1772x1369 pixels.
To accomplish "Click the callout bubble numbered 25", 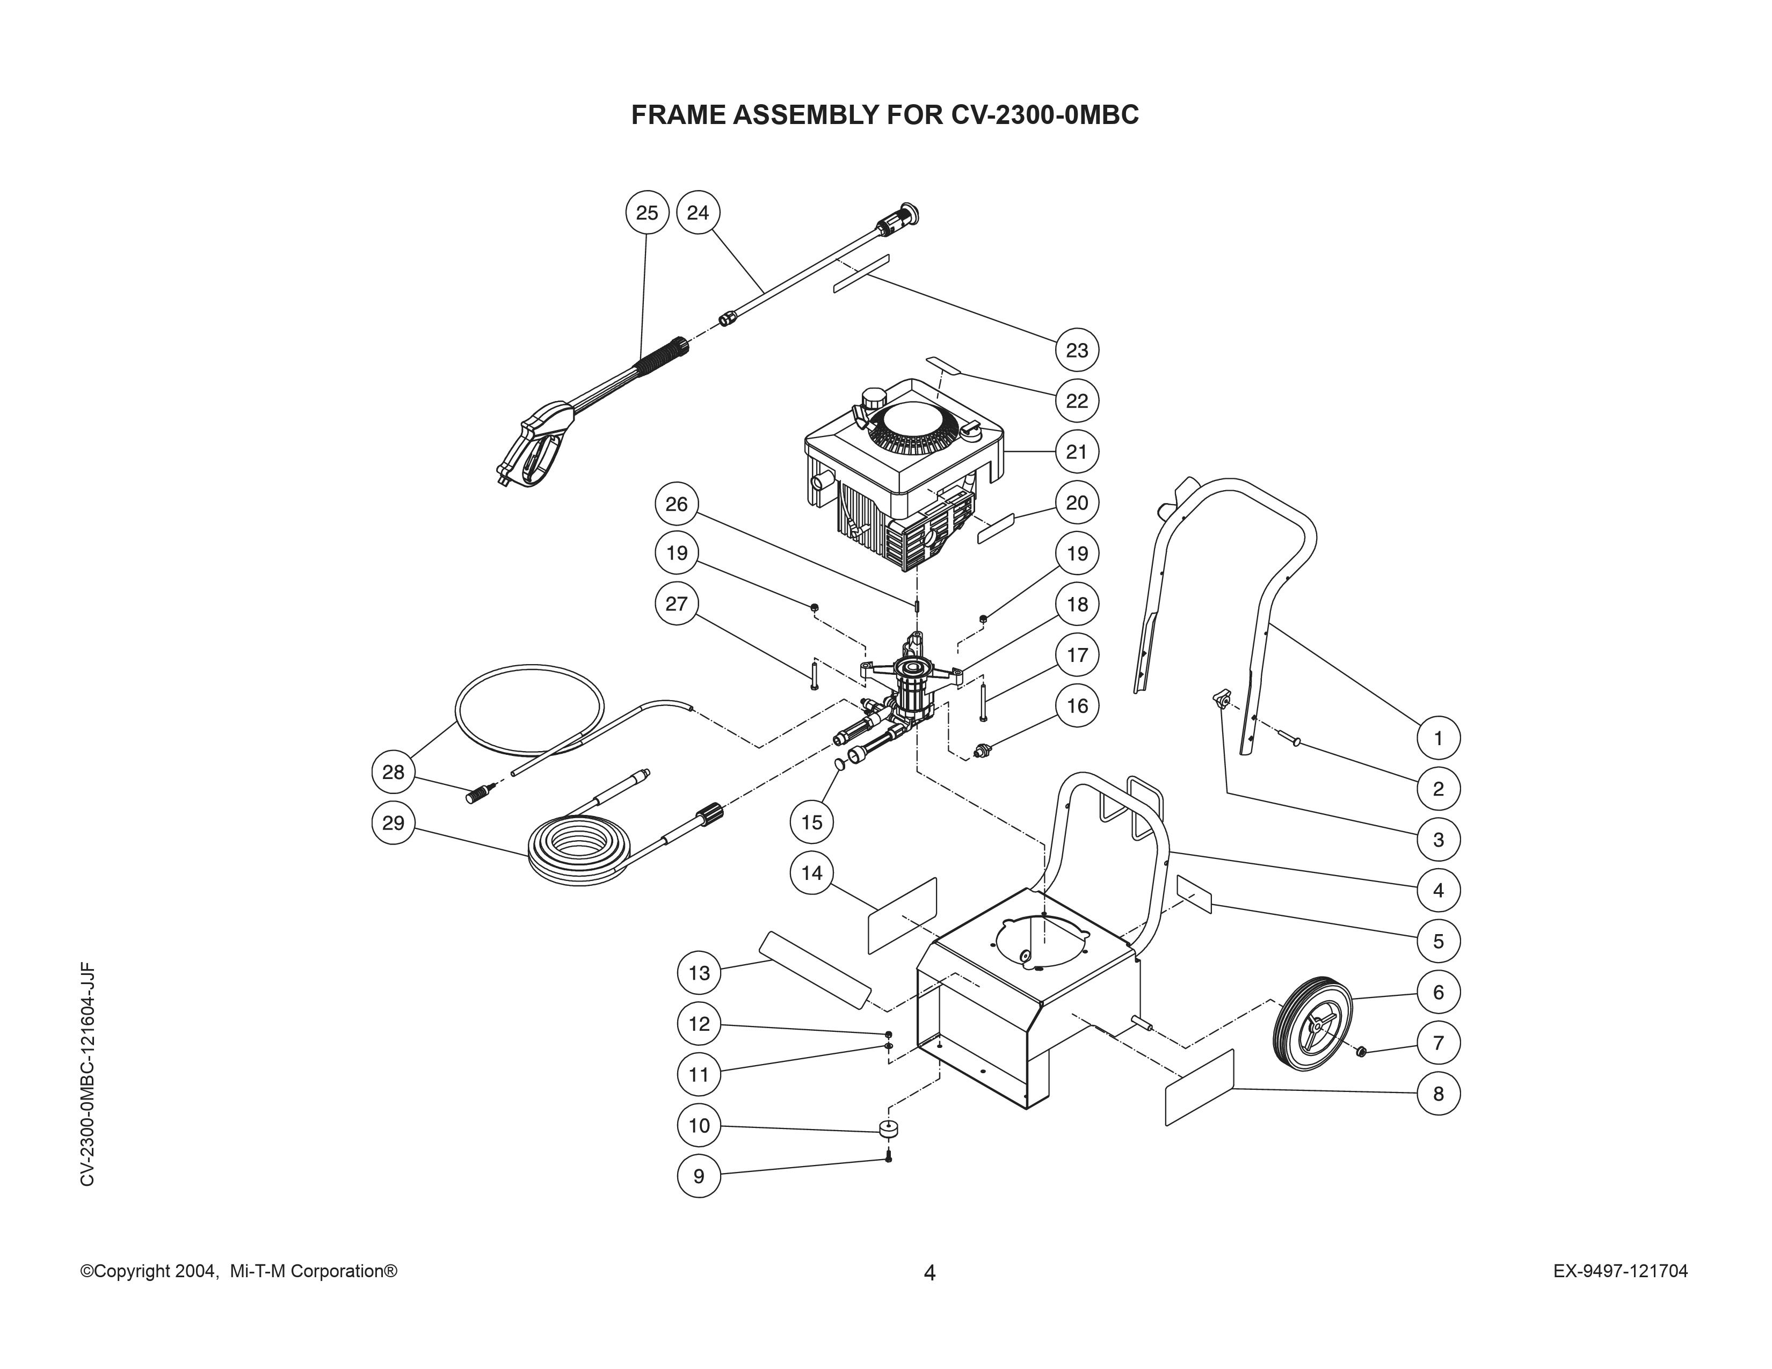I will point(647,213).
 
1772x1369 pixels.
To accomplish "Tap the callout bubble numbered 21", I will point(1077,452).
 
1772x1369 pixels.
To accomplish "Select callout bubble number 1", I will point(1439,738).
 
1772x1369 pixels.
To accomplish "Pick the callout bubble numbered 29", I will point(394,823).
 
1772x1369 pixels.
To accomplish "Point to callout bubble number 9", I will point(699,1176).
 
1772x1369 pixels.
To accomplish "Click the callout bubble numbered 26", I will point(677,505).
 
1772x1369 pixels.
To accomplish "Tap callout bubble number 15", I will point(811,822).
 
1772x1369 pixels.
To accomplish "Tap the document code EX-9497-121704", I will point(1620,1271).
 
